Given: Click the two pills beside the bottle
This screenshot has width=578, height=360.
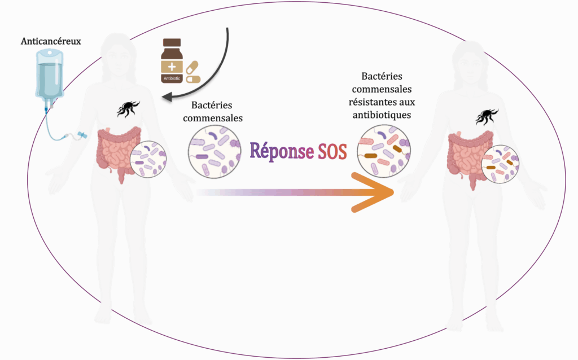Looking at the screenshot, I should pyautogui.click(x=193, y=72).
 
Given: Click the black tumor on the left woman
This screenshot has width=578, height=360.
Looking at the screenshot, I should pyautogui.click(x=129, y=108).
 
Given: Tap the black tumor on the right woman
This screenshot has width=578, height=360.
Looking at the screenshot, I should pyautogui.click(x=486, y=116).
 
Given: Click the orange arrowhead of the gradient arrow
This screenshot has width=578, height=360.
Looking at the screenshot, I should pyautogui.click(x=375, y=192).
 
